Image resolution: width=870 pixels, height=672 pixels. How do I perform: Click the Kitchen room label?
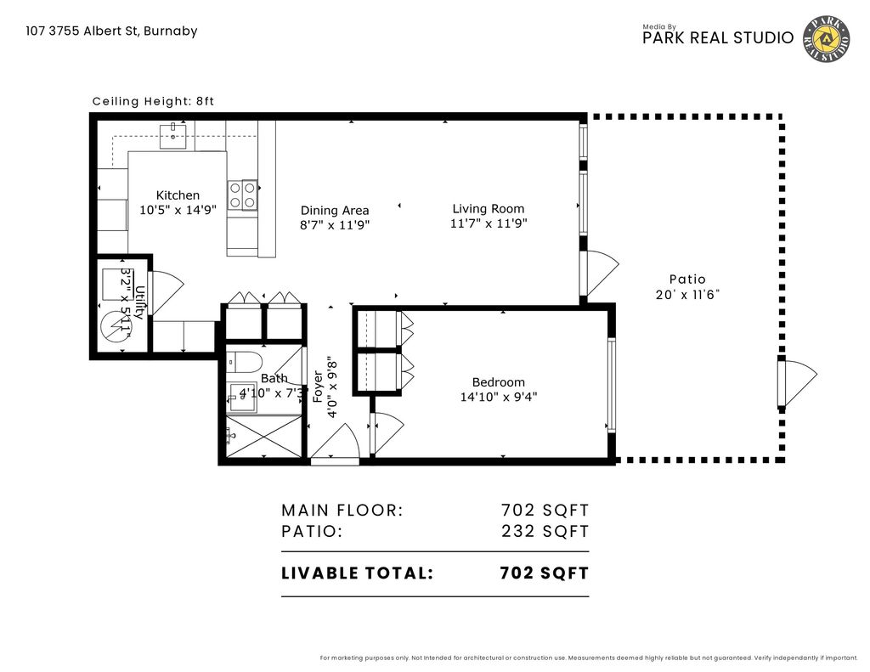point(178,195)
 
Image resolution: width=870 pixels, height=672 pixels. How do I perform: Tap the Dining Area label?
point(335,211)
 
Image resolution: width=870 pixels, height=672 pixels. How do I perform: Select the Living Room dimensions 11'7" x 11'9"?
point(488,224)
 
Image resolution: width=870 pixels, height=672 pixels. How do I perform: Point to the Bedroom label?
point(499,382)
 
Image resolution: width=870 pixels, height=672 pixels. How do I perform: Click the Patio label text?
point(687,279)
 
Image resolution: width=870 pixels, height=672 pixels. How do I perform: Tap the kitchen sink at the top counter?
point(174,135)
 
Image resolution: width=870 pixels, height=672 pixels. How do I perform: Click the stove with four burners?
point(242,195)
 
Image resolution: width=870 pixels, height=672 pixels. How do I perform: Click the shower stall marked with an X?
point(265,438)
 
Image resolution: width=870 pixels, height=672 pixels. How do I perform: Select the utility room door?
point(164,292)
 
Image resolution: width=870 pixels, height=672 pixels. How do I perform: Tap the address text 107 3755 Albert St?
point(111,31)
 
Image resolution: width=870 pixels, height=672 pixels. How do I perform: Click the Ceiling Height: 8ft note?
point(153,101)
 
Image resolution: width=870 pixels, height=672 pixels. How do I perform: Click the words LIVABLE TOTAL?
point(357,573)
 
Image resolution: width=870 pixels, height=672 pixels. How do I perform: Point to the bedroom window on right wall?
point(609,385)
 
